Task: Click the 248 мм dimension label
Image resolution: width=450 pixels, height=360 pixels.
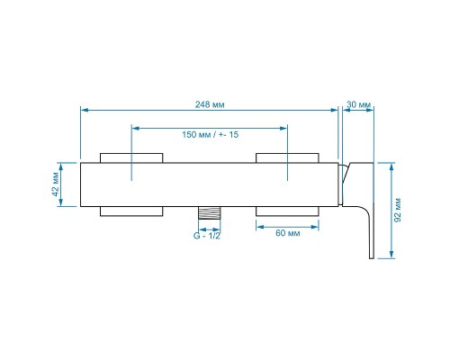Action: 210,104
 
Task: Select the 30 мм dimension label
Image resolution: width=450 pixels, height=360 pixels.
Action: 359,104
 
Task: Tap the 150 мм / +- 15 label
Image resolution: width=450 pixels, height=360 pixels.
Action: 211,134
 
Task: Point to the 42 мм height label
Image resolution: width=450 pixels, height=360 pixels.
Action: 56,184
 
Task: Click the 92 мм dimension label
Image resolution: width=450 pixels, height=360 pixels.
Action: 398,210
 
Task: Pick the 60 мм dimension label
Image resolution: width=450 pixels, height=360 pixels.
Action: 288,233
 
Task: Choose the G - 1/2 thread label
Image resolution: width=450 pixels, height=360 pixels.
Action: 207,236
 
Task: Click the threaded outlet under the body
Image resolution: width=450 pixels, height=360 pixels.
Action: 210,213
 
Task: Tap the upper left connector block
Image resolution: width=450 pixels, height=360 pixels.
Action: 131,158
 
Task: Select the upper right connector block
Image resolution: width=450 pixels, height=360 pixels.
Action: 287,158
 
